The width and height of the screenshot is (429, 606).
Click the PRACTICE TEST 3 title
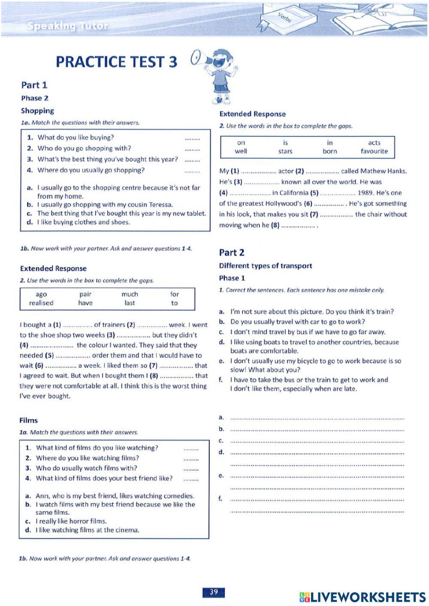pyautogui.click(x=116, y=62)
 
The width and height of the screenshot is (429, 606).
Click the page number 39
pyautogui.click(x=213, y=592)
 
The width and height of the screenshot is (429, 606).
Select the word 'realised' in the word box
pyautogui.click(x=41, y=303)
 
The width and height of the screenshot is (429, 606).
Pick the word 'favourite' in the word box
pyautogui.click(x=374, y=151)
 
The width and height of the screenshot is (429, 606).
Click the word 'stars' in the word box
pyautogui.click(x=285, y=151)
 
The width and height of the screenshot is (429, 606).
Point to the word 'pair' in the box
pyautogui.click(x=85, y=294)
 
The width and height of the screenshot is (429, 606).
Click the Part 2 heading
pyautogui.click(x=231, y=253)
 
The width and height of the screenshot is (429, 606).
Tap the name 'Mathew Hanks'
pyautogui.click(x=384, y=171)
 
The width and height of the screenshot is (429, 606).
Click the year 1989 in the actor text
pyautogui.click(x=365, y=193)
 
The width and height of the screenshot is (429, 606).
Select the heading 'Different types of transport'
pyautogui.click(x=265, y=266)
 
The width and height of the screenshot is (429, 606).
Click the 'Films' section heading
pyautogui.click(x=28, y=420)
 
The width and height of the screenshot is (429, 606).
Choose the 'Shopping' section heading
pyautogui.click(x=37, y=111)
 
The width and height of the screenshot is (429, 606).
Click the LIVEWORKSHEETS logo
pyautogui.click(x=363, y=597)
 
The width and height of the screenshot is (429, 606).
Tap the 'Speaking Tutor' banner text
pyautogui.click(x=67, y=26)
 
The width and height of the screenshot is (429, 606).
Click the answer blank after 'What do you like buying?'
pyautogui.click(x=192, y=138)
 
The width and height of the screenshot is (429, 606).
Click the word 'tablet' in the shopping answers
pyautogui.click(x=195, y=214)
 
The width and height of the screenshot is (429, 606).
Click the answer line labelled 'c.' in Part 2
pyautogui.click(x=317, y=441)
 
